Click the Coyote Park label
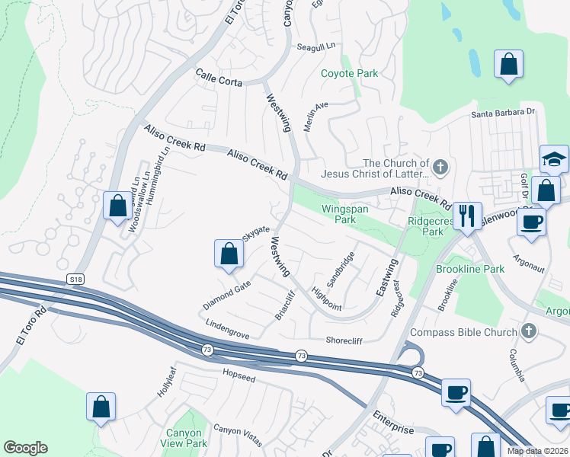click(349, 74)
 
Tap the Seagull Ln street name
click(316, 46)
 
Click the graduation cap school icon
click(554, 159)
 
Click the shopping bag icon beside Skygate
click(229, 254)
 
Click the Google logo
click(25, 448)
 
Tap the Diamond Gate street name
click(226, 295)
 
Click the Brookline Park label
click(470, 270)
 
